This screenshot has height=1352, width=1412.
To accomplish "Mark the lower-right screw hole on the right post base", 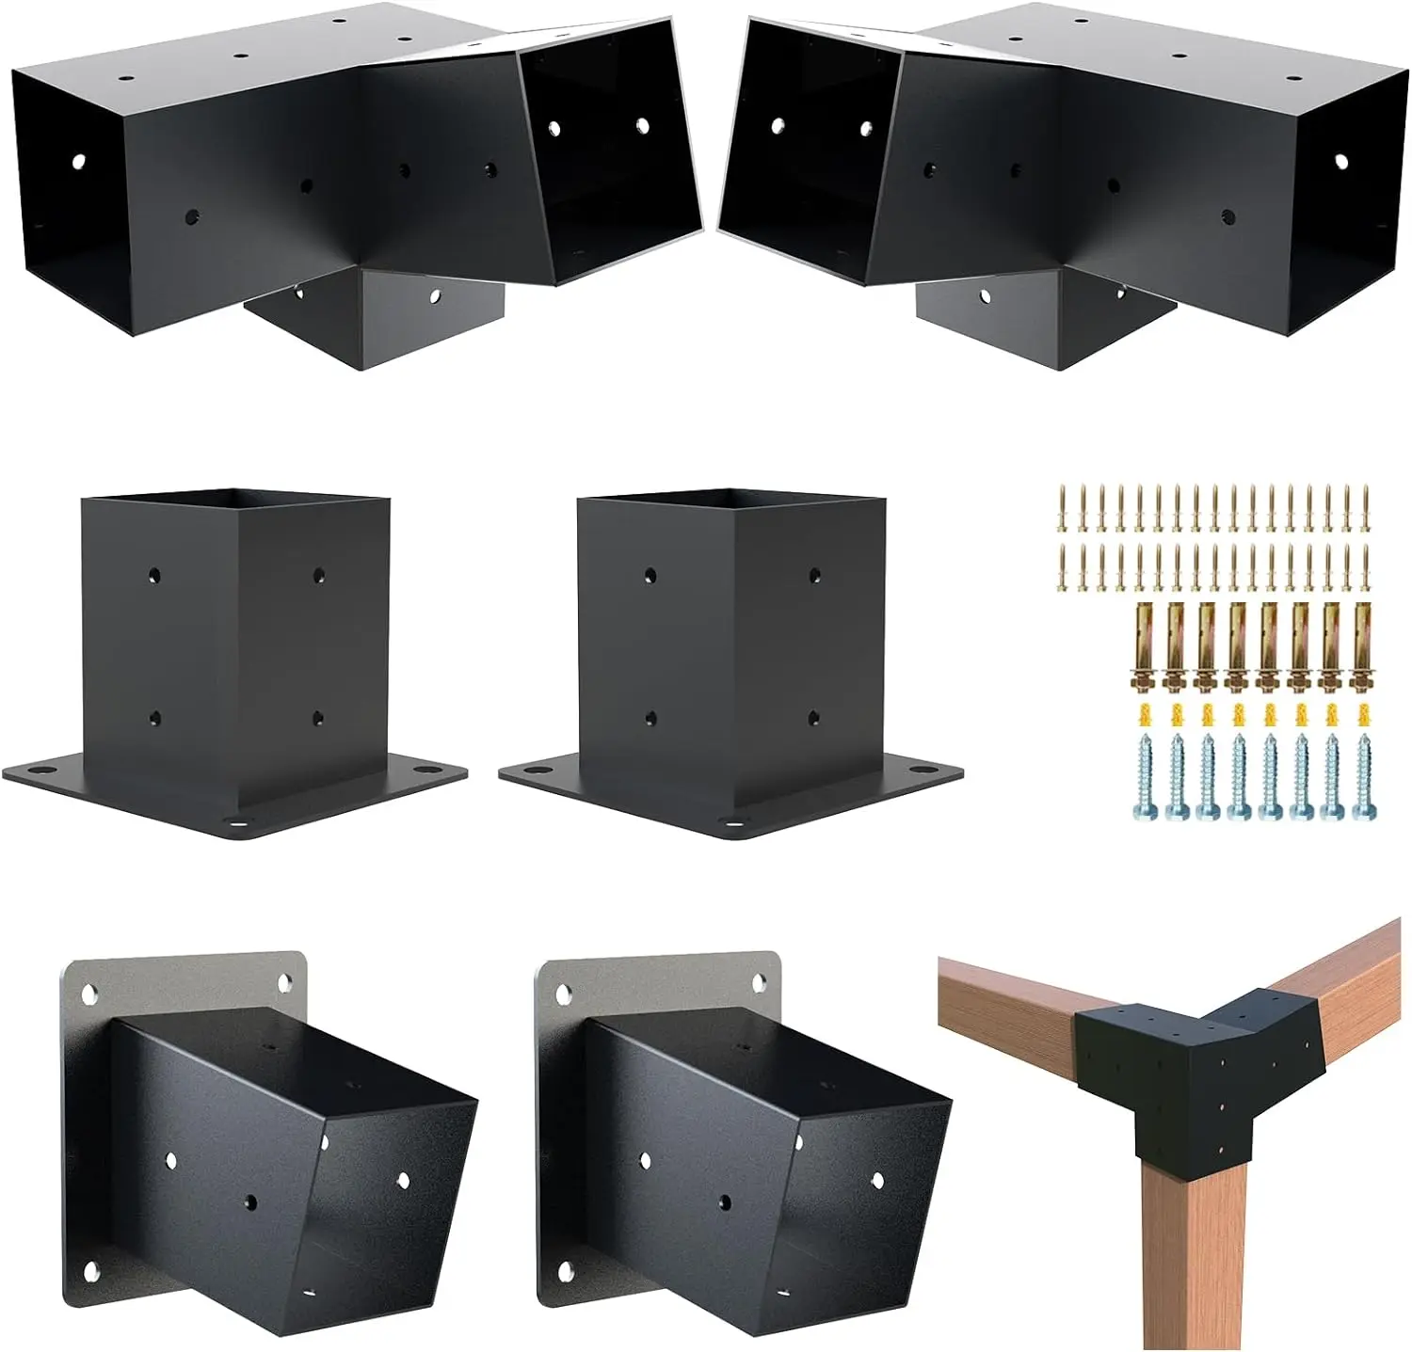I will pyautogui.click(x=813, y=718).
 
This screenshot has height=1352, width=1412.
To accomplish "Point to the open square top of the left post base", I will pyautogui.click(x=235, y=500).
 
